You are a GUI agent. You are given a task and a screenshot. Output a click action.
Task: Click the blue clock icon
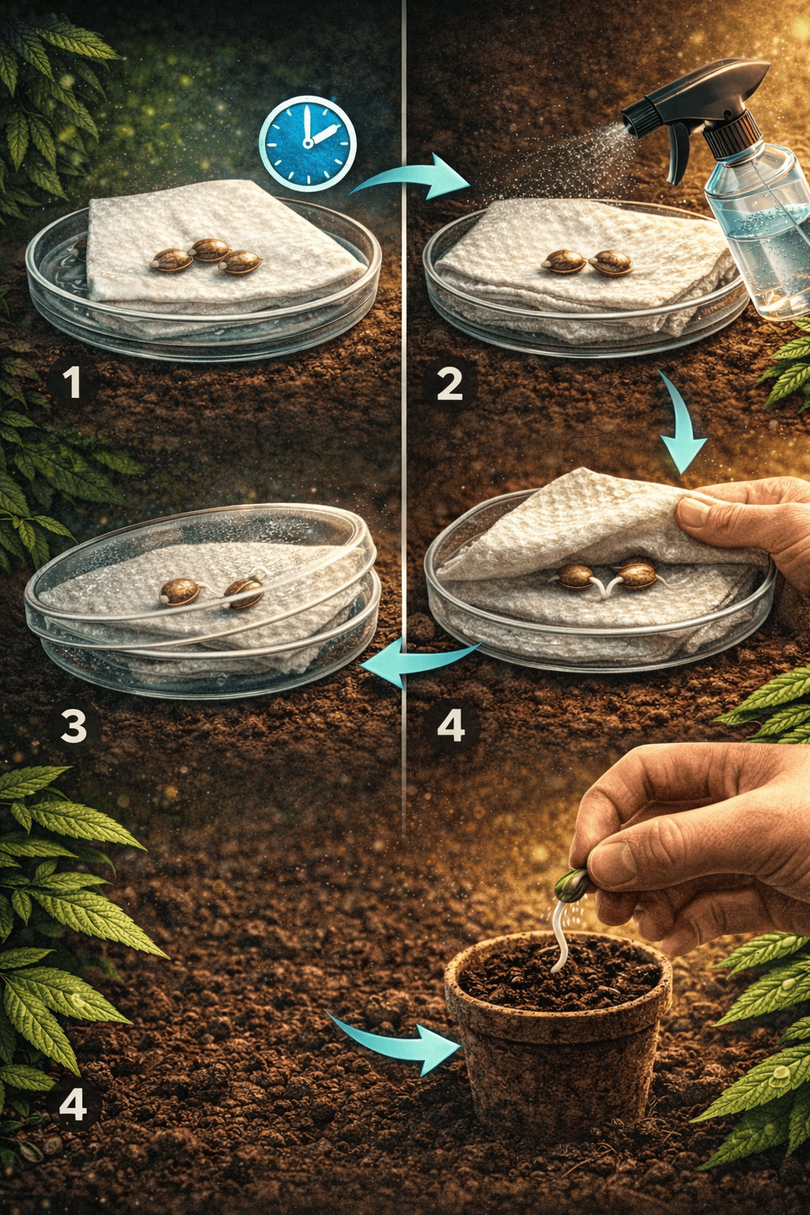pyautogui.click(x=308, y=143)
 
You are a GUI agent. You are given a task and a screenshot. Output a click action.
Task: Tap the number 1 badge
pyautogui.click(x=72, y=384)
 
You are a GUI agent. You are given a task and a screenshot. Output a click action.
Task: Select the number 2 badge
pyautogui.click(x=449, y=384)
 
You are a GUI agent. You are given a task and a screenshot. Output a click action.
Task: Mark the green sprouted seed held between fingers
pyautogui.click(x=570, y=885)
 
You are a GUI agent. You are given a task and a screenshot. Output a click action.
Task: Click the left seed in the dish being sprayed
pyautogui.click(x=563, y=260)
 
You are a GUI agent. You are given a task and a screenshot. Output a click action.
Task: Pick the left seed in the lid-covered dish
pyautogui.click(x=180, y=591)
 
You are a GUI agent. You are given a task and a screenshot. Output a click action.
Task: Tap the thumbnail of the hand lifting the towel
pyautogui.click(x=695, y=511)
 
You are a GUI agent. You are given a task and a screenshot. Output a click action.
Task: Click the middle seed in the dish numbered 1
pyautogui.click(x=209, y=249)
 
